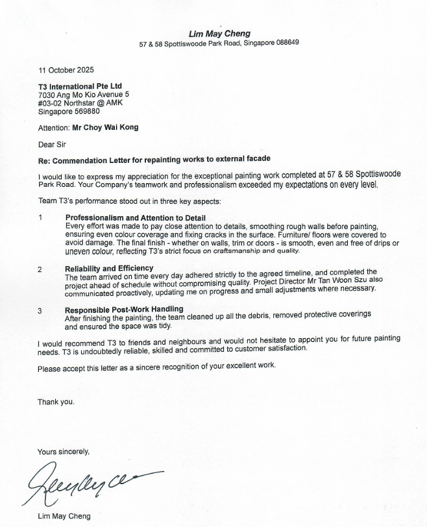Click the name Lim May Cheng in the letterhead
[x=219, y=34]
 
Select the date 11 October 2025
[x=66, y=70]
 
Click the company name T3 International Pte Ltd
[x=80, y=86]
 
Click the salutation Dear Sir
[x=52, y=144]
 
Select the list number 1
[x=40, y=217]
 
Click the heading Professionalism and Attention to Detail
[x=136, y=217]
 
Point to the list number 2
[x=40, y=269]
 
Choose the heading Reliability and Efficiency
[x=109, y=268]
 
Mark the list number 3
[x=40, y=310]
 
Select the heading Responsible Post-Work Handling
[x=124, y=310]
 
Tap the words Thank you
[x=55, y=402]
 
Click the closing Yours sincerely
[x=63, y=452]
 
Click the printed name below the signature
[x=64, y=517]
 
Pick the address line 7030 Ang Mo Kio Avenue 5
[x=84, y=95]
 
